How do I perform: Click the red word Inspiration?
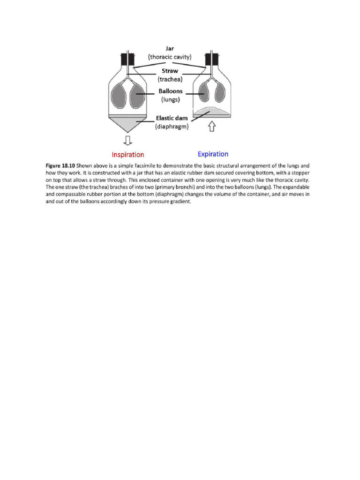[127, 155]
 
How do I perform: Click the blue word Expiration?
[213, 154]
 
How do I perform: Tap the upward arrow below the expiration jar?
[211, 126]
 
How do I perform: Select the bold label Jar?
[170, 48]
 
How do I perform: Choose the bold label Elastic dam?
[172, 118]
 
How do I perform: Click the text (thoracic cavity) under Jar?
[170, 57]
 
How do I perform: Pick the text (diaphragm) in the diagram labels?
[172, 126]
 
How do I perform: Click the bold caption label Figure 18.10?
[60, 166]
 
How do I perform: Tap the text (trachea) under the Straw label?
[170, 79]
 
